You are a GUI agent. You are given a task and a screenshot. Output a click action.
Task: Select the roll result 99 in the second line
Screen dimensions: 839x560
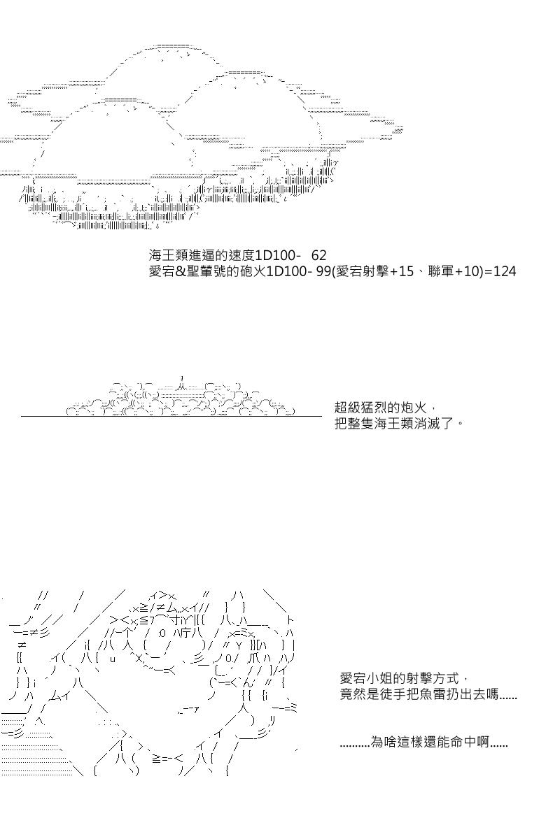pos(323,271)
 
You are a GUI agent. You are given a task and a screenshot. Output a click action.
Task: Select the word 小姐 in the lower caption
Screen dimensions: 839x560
pos(379,678)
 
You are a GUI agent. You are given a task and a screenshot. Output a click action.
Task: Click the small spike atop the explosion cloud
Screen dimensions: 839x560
pos(181,378)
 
